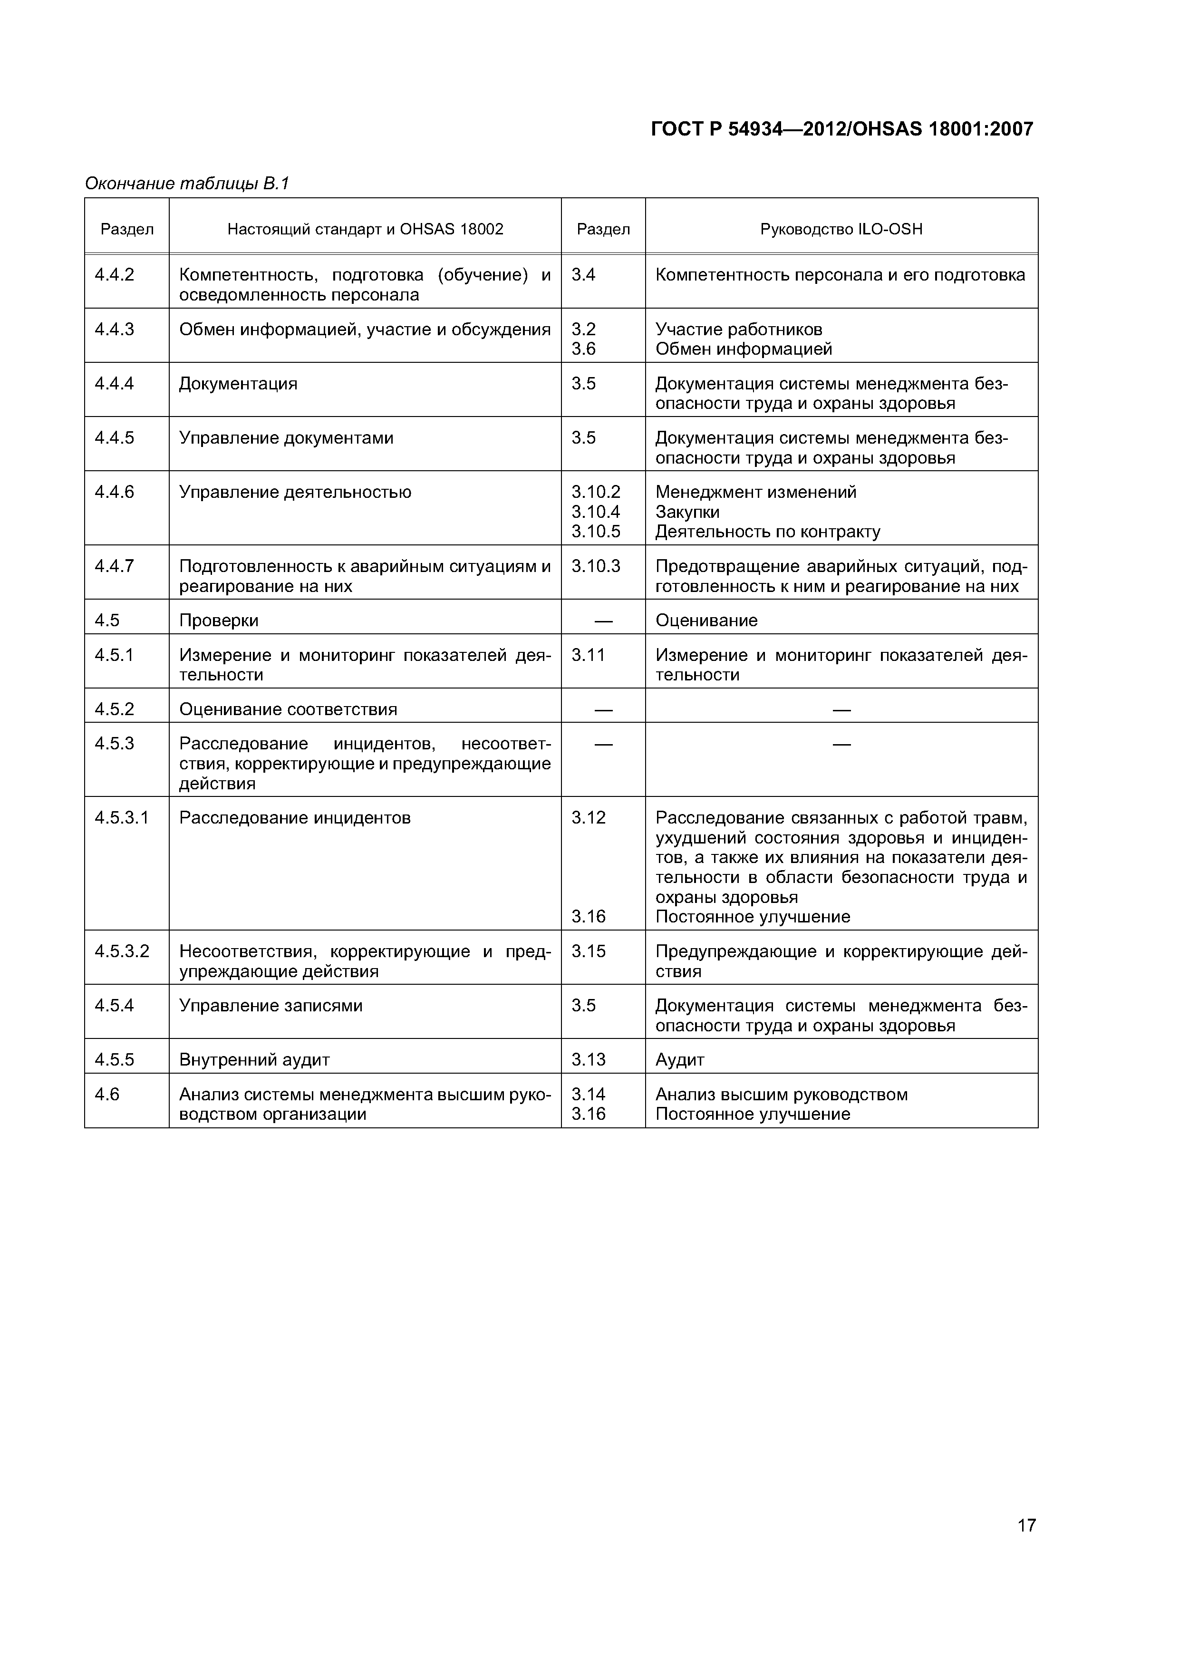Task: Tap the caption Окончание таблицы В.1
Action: (x=187, y=184)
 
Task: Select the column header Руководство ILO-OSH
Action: (x=841, y=230)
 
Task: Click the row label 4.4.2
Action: (x=115, y=275)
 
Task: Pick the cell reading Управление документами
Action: (x=286, y=438)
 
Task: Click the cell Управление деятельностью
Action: (x=295, y=493)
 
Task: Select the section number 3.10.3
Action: (x=596, y=566)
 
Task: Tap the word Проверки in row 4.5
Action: (x=219, y=621)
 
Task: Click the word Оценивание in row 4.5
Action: (x=706, y=621)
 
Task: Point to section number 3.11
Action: (x=588, y=655)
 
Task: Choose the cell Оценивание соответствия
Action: (x=289, y=709)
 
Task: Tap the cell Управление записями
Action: (x=271, y=1006)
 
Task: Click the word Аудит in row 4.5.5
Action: (x=679, y=1060)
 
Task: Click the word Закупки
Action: (x=687, y=512)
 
